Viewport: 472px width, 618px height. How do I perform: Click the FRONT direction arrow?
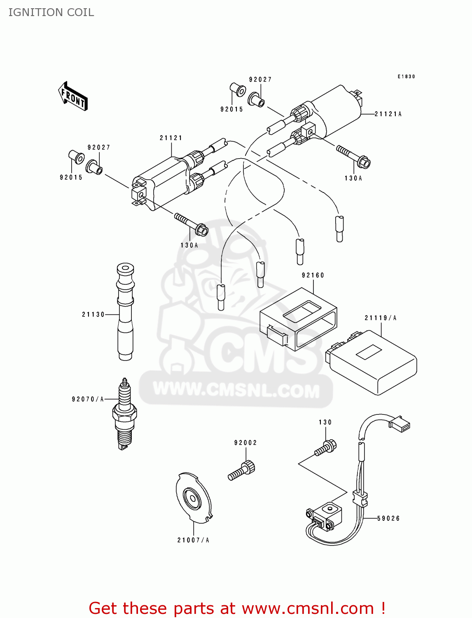(73, 96)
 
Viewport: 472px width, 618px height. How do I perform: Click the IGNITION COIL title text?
(51, 12)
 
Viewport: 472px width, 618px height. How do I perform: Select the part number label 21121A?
(388, 114)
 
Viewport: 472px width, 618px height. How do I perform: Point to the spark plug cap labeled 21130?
(125, 313)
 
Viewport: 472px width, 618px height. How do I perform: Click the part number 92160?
(313, 275)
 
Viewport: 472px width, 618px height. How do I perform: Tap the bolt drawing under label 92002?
(242, 471)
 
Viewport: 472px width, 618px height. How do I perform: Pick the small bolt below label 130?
(326, 448)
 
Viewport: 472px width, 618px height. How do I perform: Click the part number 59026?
(388, 518)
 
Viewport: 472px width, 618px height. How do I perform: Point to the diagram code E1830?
(406, 77)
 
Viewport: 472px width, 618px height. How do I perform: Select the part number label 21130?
(93, 314)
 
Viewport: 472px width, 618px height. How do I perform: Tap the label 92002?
(245, 443)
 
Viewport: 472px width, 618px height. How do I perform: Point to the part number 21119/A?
(381, 318)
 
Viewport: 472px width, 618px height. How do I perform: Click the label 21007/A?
(193, 540)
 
